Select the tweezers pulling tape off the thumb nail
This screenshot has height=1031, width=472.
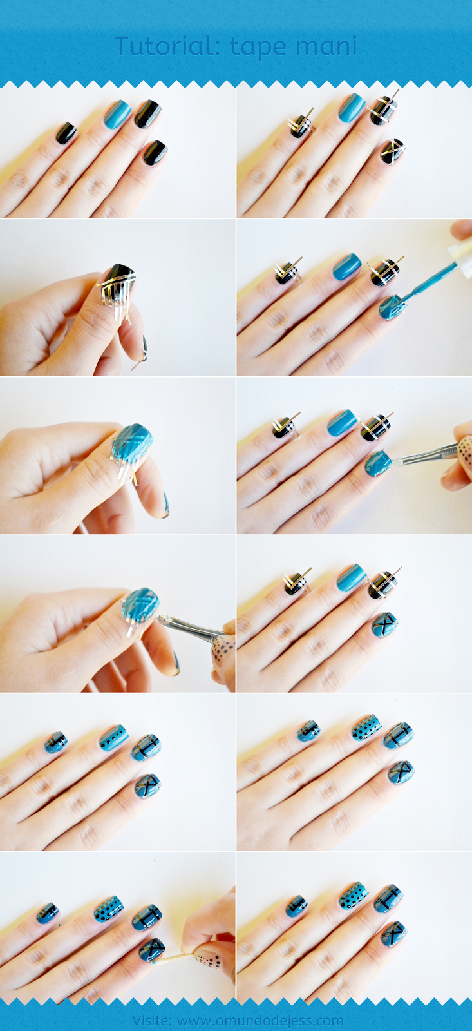click(x=193, y=627)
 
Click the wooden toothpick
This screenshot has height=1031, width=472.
click(x=172, y=958)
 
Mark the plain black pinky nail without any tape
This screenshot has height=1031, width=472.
click(x=155, y=153)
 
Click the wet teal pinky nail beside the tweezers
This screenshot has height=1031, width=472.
click(x=379, y=463)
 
